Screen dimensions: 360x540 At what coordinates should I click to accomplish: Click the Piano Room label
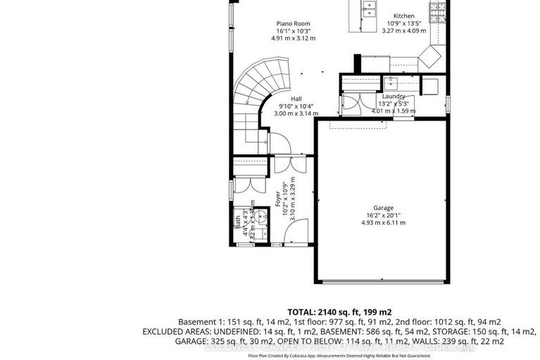point(293,23)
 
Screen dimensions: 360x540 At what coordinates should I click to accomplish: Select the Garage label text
point(383,208)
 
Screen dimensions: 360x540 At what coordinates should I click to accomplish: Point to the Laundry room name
point(394,96)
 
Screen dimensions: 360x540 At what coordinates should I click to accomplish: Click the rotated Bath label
point(237,227)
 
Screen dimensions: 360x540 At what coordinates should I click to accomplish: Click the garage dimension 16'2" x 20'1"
point(383,216)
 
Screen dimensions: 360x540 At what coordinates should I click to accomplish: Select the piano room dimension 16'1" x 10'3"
point(293,31)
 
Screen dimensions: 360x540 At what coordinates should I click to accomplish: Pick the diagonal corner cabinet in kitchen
point(430,56)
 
